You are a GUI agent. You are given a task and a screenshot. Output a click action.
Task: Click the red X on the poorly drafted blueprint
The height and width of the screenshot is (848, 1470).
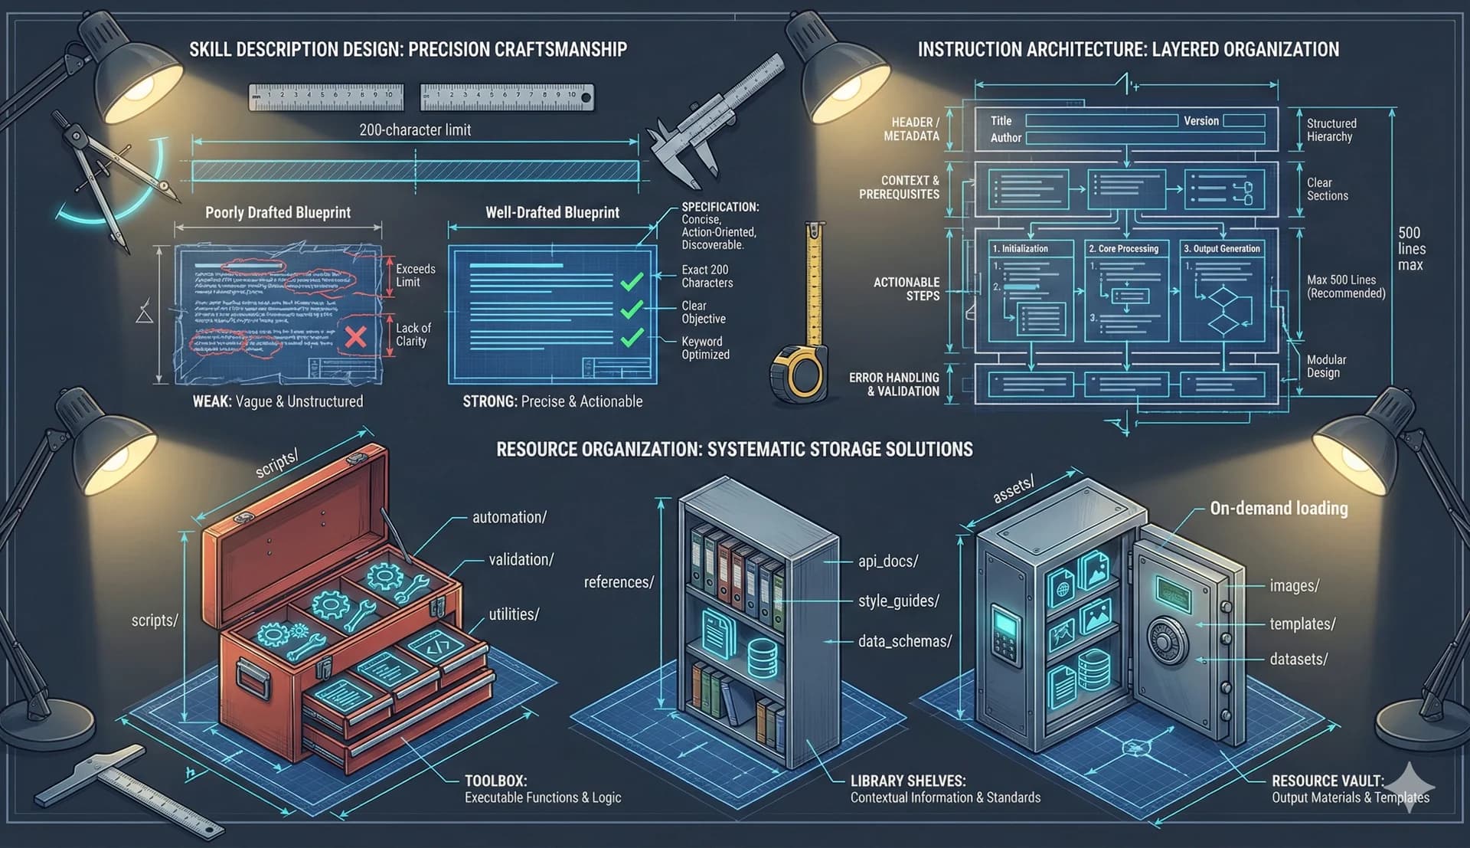point(355,336)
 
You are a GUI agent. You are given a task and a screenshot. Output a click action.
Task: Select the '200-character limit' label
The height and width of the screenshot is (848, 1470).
point(415,129)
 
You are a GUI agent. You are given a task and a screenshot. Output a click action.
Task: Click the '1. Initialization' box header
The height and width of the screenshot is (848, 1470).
point(1020,248)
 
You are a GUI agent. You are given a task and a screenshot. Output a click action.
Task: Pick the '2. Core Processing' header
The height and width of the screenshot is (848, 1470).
point(1123,248)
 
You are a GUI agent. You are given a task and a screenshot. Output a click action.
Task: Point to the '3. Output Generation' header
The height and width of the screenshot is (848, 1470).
point(1221,248)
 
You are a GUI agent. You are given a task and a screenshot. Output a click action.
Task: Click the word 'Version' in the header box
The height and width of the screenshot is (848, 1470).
point(1200,121)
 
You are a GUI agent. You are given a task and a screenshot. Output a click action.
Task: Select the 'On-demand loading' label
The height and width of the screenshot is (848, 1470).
point(1278,508)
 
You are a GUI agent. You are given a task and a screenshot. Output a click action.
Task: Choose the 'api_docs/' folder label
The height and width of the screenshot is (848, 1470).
point(887,561)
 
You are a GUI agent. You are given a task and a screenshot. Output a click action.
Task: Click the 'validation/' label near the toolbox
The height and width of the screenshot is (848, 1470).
point(521,559)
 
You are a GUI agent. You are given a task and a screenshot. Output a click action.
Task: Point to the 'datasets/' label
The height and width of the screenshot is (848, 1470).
point(1298,659)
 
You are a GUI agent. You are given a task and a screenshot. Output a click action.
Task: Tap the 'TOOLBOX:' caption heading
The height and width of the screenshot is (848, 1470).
point(495,781)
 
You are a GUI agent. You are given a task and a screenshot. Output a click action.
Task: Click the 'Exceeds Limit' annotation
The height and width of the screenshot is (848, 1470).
point(415,275)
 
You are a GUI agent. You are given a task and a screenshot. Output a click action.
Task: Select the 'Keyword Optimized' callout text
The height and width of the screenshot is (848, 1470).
point(705,348)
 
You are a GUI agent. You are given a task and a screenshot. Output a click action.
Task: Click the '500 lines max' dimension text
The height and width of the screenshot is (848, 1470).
point(1410,248)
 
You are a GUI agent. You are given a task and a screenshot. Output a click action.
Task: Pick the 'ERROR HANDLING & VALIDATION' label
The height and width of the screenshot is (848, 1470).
point(893,384)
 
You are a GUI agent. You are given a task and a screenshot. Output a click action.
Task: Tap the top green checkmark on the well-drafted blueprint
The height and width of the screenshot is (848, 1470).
point(632,282)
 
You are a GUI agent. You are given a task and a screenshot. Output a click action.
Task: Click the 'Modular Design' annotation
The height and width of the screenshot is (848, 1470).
point(1326,365)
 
